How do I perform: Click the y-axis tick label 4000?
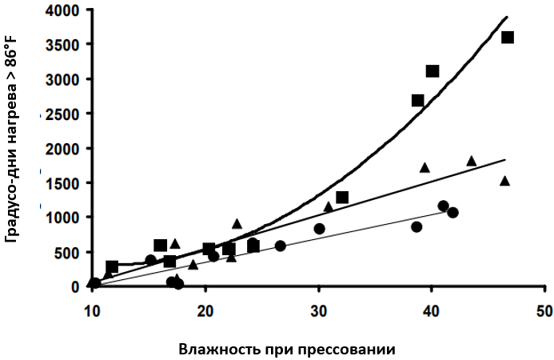click(63, 10)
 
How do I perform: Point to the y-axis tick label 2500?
click(63, 114)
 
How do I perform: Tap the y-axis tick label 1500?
click(63, 183)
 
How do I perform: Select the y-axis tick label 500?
click(67, 252)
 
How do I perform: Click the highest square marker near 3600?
click(507, 38)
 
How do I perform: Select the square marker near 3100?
click(432, 71)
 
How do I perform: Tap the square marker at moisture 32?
click(342, 197)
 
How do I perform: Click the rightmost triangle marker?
click(504, 181)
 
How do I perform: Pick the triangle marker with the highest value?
click(471, 161)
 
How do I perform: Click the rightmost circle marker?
click(452, 212)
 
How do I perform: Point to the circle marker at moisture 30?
click(319, 229)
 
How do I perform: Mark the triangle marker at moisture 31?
click(328, 206)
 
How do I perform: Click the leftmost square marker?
click(112, 266)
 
